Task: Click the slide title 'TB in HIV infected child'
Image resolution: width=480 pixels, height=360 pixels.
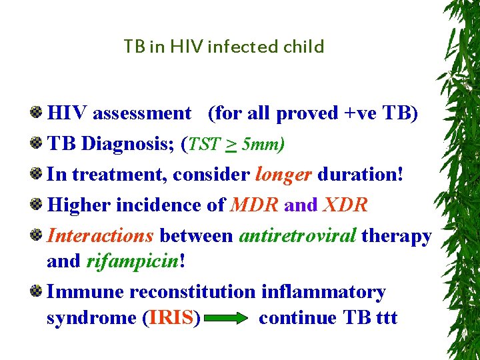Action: tap(223, 47)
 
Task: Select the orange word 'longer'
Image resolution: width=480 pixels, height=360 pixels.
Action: tap(283, 175)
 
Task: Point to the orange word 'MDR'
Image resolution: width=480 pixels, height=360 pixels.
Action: tap(254, 205)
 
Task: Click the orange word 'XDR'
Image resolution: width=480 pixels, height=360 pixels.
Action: tap(345, 205)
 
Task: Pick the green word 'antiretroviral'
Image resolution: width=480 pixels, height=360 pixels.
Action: tap(297, 236)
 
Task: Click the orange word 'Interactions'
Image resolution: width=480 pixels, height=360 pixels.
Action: tap(101, 236)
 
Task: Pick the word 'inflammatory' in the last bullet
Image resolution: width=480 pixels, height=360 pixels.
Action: tap(323, 292)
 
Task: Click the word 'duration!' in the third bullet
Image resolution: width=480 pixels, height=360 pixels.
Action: tap(360, 175)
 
